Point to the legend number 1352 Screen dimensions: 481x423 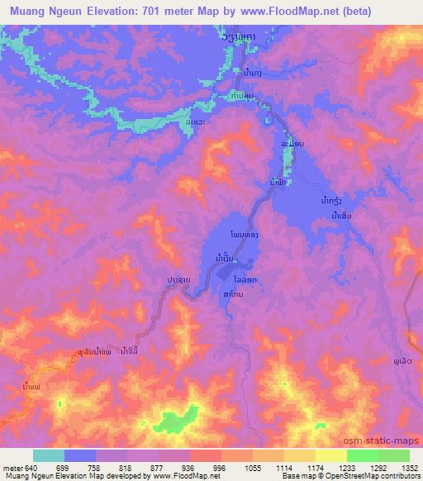click(x=407, y=467)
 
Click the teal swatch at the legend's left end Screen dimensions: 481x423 click(x=49, y=455)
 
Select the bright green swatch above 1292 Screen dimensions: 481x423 click(x=362, y=455)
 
